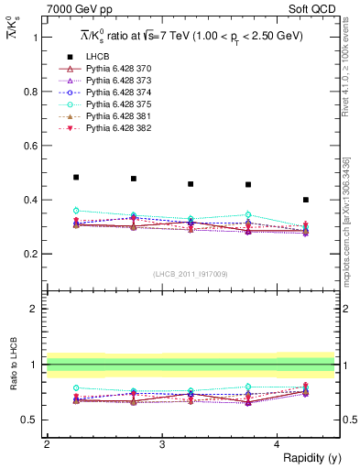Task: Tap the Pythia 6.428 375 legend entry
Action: (117, 117)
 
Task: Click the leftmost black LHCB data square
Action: (76, 177)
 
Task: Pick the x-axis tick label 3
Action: (161, 443)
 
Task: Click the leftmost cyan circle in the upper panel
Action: (76, 211)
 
